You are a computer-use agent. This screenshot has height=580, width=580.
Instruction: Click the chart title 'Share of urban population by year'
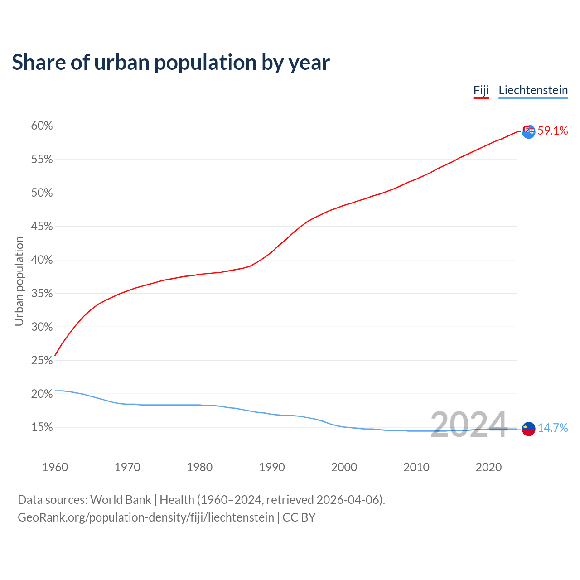click(x=171, y=63)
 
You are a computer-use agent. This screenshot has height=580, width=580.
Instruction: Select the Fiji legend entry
click(x=481, y=90)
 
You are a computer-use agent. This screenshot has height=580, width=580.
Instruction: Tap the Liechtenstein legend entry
click(x=533, y=90)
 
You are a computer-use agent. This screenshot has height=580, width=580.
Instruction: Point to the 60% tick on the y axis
click(x=42, y=126)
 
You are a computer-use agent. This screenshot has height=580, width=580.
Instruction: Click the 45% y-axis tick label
click(x=42, y=227)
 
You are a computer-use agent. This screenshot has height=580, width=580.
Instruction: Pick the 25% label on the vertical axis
click(x=42, y=361)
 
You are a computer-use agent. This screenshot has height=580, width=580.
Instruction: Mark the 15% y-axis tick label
click(x=42, y=427)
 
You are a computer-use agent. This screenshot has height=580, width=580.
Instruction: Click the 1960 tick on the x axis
click(x=55, y=467)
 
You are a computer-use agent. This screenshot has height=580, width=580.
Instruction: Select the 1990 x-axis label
click(x=272, y=467)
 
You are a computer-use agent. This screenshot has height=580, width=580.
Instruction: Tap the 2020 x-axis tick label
click(x=488, y=467)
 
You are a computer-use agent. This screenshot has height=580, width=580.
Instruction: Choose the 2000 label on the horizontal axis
click(x=344, y=467)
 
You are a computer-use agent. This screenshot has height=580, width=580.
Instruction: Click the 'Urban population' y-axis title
click(x=19, y=281)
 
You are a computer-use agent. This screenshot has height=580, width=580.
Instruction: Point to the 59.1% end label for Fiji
click(x=552, y=131)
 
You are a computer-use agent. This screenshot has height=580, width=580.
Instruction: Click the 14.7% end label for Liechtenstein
click(x=552, y=428)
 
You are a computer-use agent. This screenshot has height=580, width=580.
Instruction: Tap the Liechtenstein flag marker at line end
click(x=528, y=429)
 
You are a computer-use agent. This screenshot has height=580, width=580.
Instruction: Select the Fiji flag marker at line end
click(x=528, y=131)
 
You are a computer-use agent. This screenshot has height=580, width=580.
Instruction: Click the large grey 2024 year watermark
click(x=469, y=425)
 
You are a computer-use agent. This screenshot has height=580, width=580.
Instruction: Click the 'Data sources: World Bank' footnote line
click(x=201, y=500)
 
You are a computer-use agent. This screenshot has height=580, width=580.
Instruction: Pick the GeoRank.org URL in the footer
click(x=146, y=517)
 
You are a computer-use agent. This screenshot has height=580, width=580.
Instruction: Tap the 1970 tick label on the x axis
click(x=127, y=467)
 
